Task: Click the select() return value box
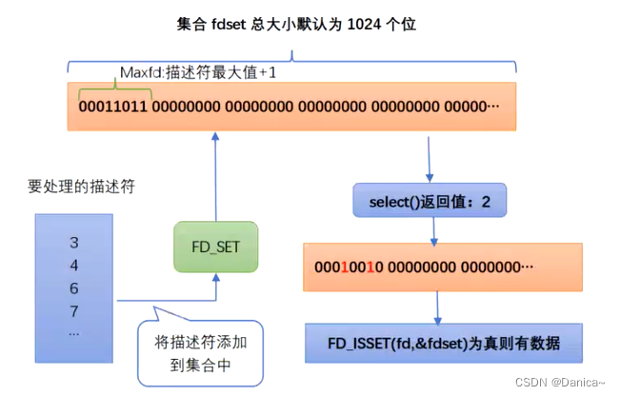[429, 201]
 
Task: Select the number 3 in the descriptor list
[74, 243]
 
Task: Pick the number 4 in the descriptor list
[74, 266]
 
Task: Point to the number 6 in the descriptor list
[74, 288]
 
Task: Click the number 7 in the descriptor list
[74, 311]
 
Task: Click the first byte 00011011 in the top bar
[113, 107]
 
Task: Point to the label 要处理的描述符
[80, 187]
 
